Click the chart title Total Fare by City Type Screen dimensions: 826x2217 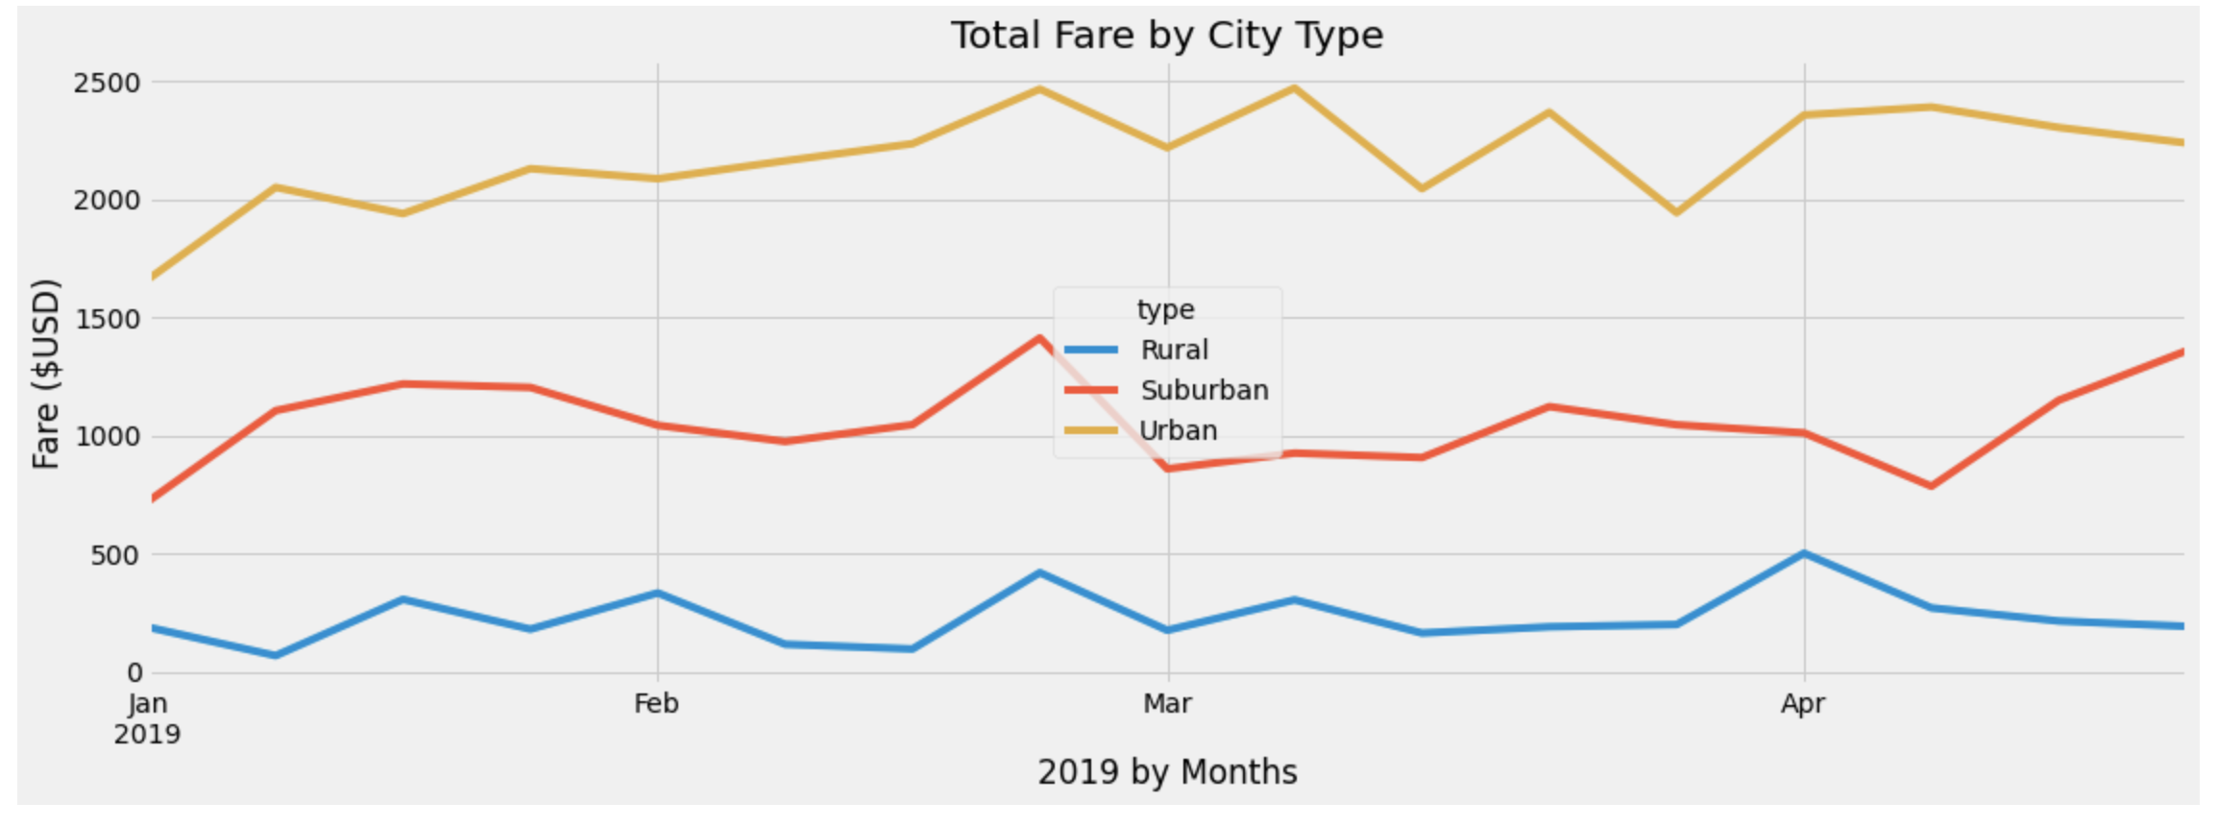pos(1166,36)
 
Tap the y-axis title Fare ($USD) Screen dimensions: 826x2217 pos(45,374)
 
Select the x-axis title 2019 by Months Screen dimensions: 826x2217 pos(1166,771)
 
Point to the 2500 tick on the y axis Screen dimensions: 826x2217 pos(107,83)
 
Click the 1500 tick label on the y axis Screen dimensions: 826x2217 pos(107,319)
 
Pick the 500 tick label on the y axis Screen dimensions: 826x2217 pos(114,555)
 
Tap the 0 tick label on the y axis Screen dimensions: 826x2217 pos(134,673)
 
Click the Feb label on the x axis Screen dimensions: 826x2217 pos(656,704)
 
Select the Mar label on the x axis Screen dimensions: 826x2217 pos(1167,704)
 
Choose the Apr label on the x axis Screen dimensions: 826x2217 pos(1802,704)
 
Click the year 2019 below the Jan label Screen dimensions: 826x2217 pos(147,735)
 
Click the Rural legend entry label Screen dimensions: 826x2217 pos(1174,350)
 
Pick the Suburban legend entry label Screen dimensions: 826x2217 pos(1204,390)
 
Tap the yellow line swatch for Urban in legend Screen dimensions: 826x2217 pos(1092,430)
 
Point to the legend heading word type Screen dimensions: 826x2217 pos(1165,309)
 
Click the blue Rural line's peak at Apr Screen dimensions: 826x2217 pos(1804,553)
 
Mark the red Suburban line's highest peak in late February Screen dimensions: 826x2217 pos(1038,337)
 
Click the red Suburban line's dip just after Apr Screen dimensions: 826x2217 pos(1931,486)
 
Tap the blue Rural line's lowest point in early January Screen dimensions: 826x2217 pos(276,655)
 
